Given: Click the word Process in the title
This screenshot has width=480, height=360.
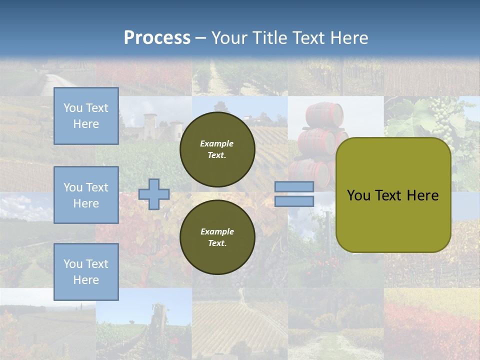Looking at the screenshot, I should tap(157, 38).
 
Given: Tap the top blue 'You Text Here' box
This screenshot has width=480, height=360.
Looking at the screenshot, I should tap(86, 116).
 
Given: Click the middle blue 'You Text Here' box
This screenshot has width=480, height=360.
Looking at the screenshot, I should tap(86, 195).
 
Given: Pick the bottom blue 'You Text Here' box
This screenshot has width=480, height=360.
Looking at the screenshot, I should tap(86, 271).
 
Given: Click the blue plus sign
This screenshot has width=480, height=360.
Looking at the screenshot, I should tap(154, 194).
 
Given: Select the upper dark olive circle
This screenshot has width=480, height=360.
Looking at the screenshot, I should tap(217, 149).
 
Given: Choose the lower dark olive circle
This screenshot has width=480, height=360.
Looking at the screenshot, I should tap(217, 237).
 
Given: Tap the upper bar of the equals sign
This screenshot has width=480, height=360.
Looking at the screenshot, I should tap(294, 187).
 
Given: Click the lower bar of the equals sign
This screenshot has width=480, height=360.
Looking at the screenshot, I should tap(294, 201).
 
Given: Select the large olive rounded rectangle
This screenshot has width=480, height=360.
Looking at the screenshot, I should tap(393, 195).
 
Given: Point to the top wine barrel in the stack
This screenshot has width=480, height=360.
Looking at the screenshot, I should tap(325, 114).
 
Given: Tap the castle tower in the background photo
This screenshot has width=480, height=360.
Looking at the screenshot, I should tap(149, 126).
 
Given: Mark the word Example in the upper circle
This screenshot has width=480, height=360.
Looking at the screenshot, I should tap(217, 143).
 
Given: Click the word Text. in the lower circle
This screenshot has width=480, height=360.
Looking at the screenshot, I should tap(217, 243).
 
